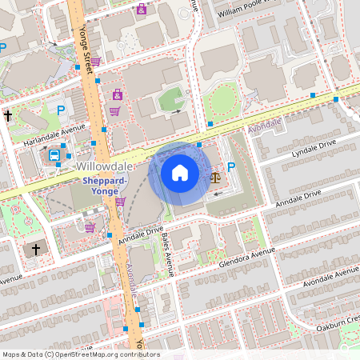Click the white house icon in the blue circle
pos(180,173)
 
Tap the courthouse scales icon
pos(215,176)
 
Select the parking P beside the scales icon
pos(232,167)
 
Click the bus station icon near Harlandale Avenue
pos(54,155)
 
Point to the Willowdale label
pos(105,166)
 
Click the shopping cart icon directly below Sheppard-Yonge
pos(120,202)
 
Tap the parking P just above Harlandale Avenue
pos(60,110)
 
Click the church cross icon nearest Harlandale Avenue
pos(8,116)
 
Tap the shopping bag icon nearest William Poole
pos(142,10)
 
